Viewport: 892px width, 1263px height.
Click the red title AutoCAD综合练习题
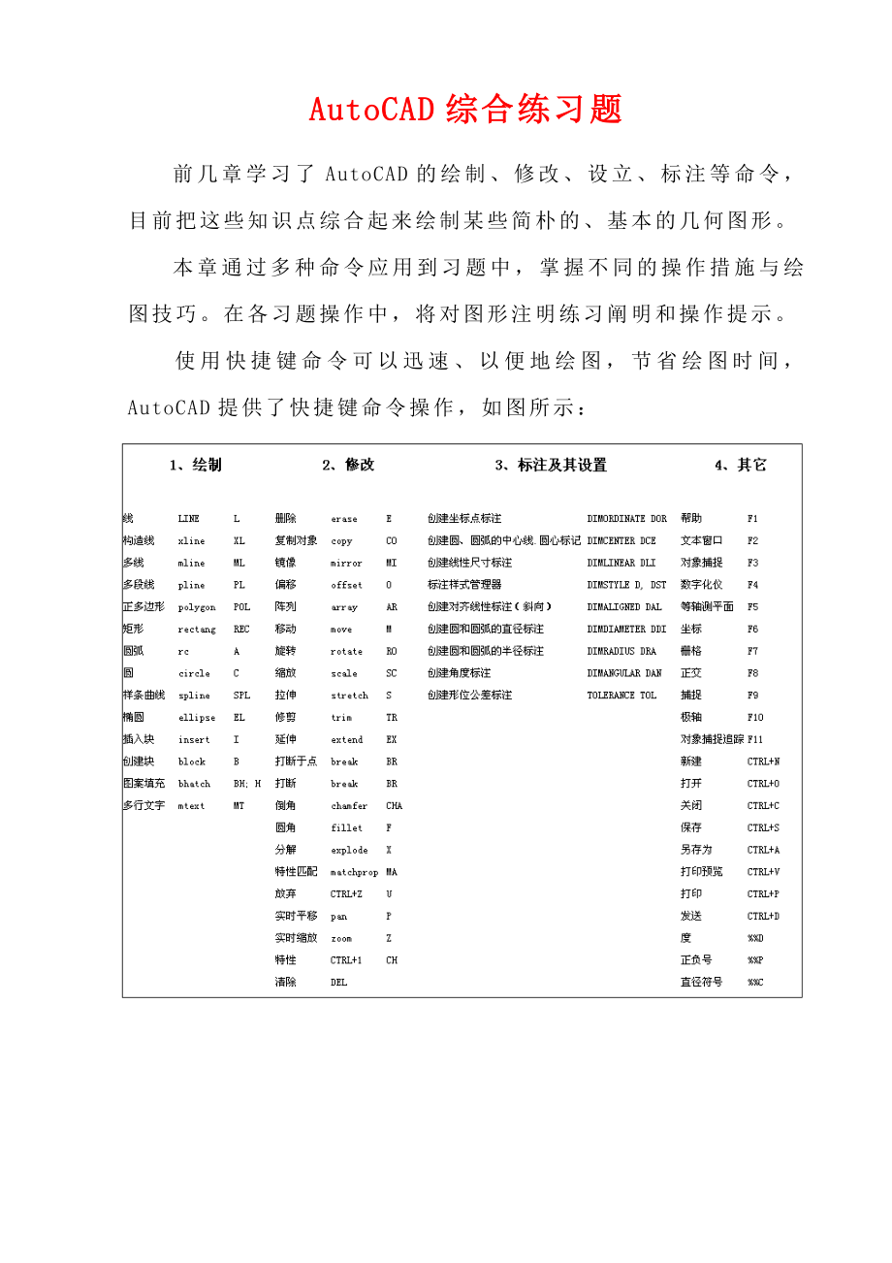[x=465, y=110]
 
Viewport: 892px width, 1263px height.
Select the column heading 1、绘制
[x=195, y=465]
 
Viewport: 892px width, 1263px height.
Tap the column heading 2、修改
[x=348, y=465]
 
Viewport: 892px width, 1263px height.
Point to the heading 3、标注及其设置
[x=551, y=465]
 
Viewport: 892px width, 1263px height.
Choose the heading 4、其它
[x=741, y=465]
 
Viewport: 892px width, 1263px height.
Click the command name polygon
[x=197, y=607]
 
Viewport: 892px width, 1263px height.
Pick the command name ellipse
[x=197, y=718]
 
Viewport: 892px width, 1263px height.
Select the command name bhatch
[x=194, y=784]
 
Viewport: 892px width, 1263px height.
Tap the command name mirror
[x=346, y=563]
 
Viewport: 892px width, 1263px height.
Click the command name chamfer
[x=349, y=806]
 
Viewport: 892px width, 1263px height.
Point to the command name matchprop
[x=354, y=872]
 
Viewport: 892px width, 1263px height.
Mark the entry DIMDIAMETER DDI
[x=627, y=630]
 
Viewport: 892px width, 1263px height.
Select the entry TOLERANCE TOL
[x=621, y=696]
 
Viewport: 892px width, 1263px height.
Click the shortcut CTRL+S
[x=763, y=828]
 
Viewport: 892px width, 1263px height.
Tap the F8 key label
[x=753, y=673]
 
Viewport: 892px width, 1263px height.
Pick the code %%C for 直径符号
[x=755, y=983]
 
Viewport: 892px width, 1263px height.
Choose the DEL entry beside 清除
[x=338, y=983]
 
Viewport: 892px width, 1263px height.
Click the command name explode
[x=349, y=851]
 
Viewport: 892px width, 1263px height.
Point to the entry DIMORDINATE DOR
[x=627, y=519]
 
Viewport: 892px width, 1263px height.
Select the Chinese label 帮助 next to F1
[x=691, y=519]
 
